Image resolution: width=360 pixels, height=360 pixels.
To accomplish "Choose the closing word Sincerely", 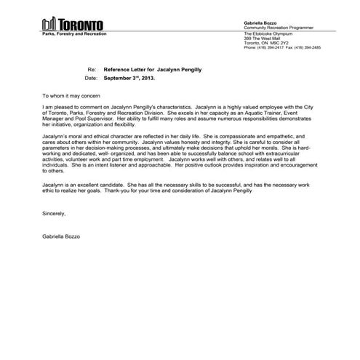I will [55, 215].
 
